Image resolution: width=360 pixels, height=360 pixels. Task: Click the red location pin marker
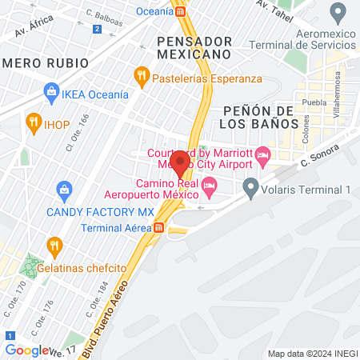pos(180,164)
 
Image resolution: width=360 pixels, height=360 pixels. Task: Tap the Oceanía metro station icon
pos(182,11)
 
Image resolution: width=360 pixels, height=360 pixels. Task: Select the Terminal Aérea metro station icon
pos(159,227)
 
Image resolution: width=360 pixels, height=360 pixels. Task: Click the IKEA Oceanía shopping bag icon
pos(51,94)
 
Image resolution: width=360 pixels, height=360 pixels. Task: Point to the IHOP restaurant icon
pos(33,122)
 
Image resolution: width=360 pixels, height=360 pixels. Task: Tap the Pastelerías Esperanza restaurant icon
pos(142,78)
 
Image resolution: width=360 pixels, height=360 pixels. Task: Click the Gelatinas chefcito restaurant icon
pos(54,245)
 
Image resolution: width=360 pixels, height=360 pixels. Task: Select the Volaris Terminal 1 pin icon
pos(251,190)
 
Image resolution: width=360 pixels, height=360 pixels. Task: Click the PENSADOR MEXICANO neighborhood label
pos(194,47)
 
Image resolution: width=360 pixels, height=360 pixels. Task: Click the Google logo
pos(26,350)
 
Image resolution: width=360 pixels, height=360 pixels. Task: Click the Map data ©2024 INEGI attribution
pos(312,354)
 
